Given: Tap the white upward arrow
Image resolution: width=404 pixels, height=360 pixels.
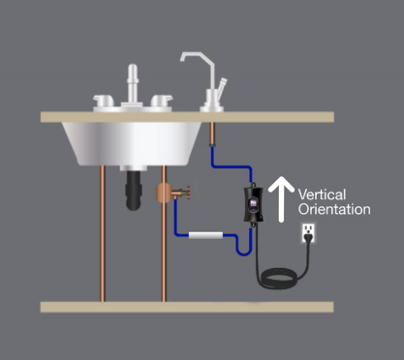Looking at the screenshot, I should click(x=282, y=199).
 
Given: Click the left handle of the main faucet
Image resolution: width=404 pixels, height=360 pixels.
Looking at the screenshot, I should click(x=104, y=99).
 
